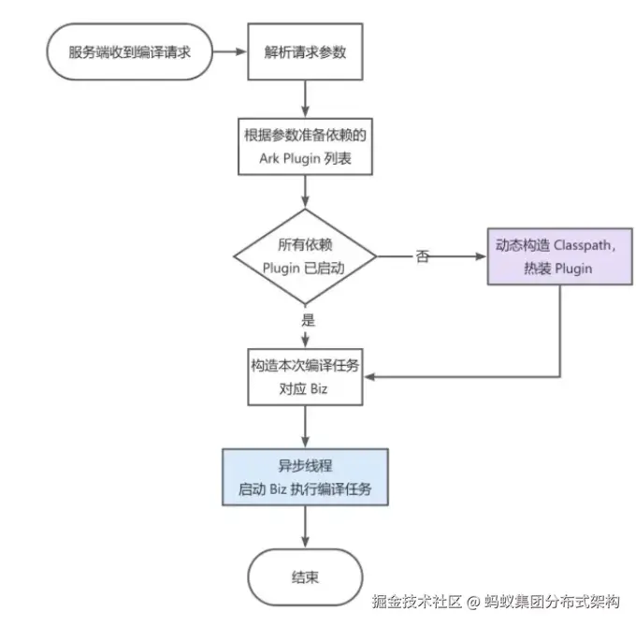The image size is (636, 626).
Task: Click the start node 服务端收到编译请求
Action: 129,52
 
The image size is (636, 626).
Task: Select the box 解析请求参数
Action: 305,52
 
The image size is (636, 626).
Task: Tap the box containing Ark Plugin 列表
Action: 305,146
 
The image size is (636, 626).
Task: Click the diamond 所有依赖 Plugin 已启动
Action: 305,255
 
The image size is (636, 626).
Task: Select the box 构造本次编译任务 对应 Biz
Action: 305,377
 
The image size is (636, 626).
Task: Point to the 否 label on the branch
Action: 423,256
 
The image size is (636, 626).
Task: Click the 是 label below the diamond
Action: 307,319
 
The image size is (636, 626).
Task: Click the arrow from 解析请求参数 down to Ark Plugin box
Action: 305,98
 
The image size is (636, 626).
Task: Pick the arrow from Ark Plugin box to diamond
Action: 305,192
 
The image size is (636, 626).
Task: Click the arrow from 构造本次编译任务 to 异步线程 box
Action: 305,427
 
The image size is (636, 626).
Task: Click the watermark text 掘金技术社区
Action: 417,602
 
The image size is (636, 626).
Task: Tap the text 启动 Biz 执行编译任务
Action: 305,489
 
